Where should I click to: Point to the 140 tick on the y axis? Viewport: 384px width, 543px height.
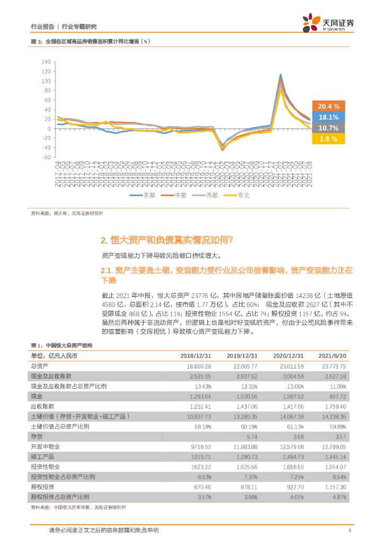tap(46, 62)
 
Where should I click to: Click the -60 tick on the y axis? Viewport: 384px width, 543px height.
tap(46, 157)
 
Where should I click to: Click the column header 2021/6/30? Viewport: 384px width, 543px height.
tap(331, 356)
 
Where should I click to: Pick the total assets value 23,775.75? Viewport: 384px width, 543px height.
tap(333, 366)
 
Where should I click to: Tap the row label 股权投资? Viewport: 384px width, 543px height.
tap(43, 487)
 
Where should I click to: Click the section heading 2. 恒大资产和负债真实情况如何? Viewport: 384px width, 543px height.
tap(167, 240)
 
